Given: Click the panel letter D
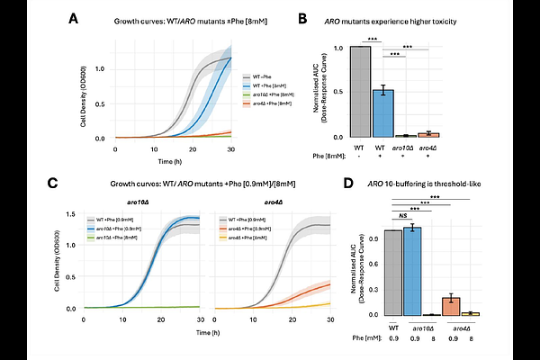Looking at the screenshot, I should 348,184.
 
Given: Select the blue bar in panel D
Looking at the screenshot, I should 413,271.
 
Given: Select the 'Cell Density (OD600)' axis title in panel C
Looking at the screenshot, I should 59,261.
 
